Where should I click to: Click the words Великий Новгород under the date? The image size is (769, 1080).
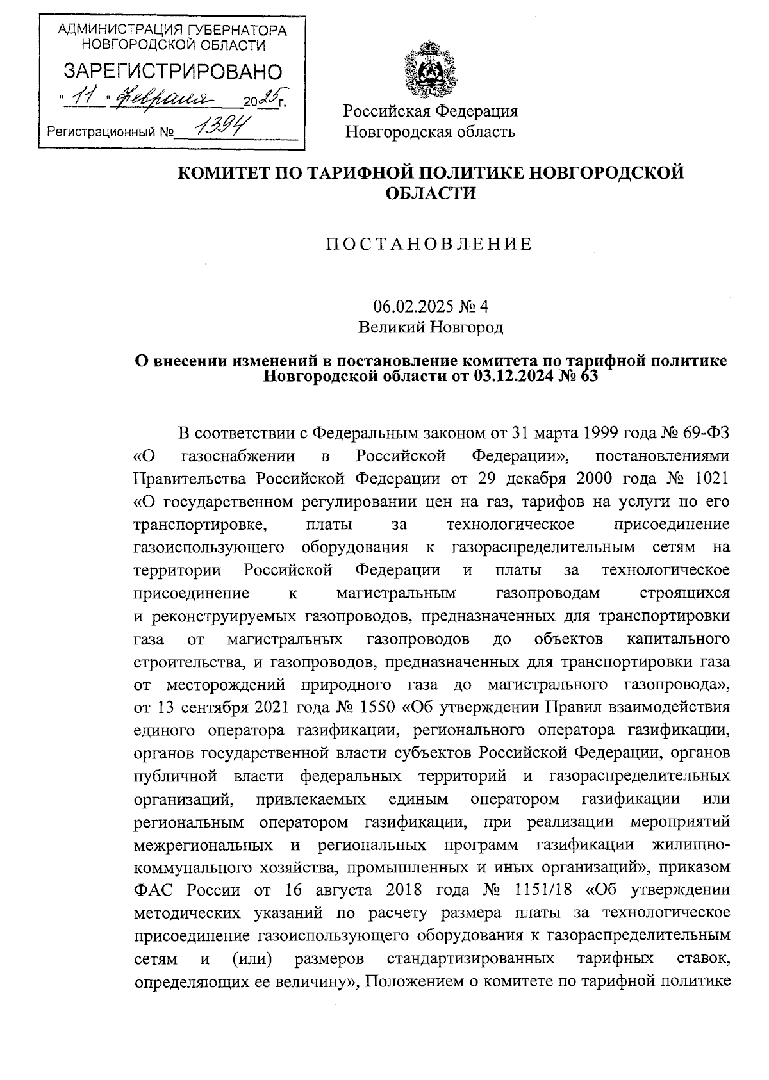click(x=430, y=328)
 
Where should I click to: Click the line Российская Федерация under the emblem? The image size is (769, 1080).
click(x=430, y=111)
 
